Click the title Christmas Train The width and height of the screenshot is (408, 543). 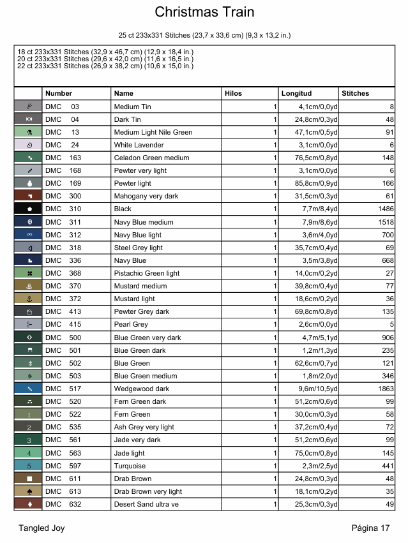point(204,12)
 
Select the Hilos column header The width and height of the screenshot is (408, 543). point(234,94)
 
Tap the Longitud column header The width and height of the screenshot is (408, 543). point(296,94)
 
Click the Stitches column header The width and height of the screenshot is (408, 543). point(356,94)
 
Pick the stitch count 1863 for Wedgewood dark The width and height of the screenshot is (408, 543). point(383,389)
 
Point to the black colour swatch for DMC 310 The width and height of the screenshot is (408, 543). point(28,209)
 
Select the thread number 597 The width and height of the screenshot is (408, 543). point(75,466)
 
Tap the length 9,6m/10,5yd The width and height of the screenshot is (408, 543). point(315,389)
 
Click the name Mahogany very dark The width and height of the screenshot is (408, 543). point(146,196)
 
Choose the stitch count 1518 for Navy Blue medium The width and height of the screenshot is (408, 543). point(383,221)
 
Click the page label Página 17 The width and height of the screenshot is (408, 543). point(370,528)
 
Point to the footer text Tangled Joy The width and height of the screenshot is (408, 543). point(42,528)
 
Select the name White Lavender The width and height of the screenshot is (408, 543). point(139,145)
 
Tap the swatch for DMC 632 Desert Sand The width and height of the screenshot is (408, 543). point(28,504)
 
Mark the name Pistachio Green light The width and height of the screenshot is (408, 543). point(147,273)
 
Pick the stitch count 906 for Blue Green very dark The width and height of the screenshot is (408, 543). point(386,338)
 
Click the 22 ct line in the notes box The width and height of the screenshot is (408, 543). point(105,66)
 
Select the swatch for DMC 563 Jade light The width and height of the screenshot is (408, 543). point(28,453)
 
